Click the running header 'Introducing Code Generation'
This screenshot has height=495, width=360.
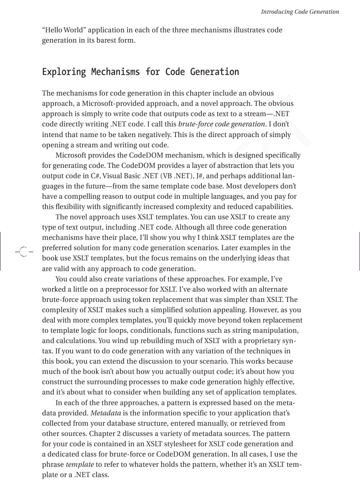coord(300,12)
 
